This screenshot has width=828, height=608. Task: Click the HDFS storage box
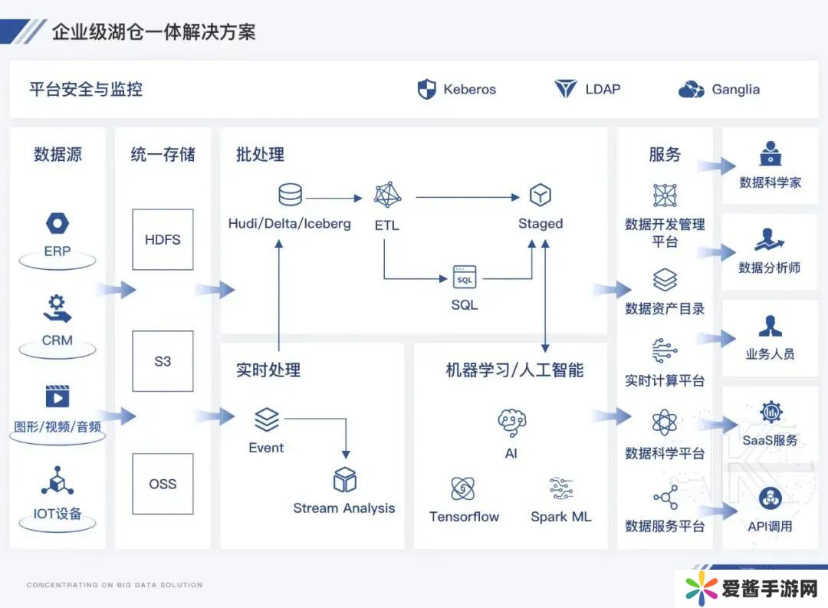click(163, 239)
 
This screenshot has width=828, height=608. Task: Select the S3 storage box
click(163, 361)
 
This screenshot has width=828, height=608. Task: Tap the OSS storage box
click(163, 484)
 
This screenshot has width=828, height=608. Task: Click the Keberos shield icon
click(426, 89)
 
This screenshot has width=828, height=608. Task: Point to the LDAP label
click(603, 89)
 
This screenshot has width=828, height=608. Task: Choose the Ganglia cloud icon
click(691, 90)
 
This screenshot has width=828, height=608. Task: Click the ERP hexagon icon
click(58, 224)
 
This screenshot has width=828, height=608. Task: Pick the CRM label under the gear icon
click(58, 340)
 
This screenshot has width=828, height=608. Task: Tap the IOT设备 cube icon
click(58, 481)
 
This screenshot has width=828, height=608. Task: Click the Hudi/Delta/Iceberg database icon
click(290, 195)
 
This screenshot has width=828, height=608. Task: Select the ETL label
click(387, 225)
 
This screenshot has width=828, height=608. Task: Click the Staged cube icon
click(540, 195)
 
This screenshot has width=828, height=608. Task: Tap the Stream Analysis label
click(344, 508)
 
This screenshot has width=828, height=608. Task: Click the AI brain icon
click(511, 422)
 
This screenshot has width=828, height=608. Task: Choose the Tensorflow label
click(464, 517)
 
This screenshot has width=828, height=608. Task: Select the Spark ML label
click(561, 517)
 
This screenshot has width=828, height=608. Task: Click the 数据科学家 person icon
click(770, 153)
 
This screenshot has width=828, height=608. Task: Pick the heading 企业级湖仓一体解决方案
click(153, 31)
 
